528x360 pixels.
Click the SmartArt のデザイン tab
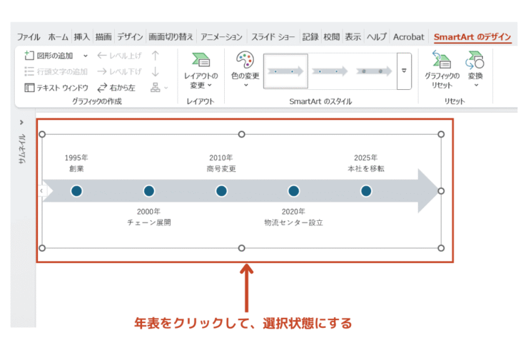point(472,37)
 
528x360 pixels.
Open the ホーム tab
point(59,37)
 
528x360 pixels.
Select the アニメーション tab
point(221,37)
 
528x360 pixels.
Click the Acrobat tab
point(408,37)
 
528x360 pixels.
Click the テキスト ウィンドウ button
point(56,88)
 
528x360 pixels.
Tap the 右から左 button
point(116,88)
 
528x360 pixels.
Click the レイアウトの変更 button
point(200,71)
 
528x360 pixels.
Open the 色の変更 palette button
point(245,68)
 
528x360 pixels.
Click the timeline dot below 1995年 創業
point(77,191)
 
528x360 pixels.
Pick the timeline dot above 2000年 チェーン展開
point(149,191)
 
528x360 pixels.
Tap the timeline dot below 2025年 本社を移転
point(366,191)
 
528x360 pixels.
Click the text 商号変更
point(221,169)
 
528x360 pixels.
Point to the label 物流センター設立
point(293,222)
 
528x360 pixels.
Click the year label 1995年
point(76,158)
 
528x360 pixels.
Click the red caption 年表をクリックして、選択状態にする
point(243,324)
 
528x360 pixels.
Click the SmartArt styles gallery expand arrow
point(404,71)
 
